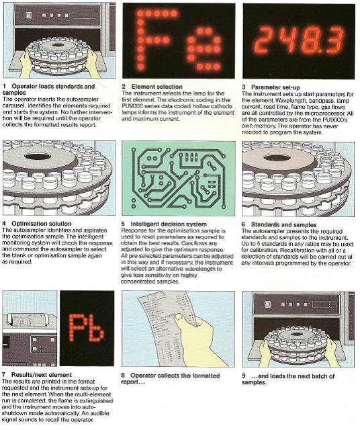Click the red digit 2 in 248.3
click(265, 40)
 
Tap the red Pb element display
click(87, 328)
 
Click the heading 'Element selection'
click(156, 87)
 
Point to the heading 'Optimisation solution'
click(42, 224)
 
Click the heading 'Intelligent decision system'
click(169, 224)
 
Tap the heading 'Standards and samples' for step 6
click(284, 225)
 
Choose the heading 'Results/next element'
click(42, 375)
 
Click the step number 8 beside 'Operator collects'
click(123, 376)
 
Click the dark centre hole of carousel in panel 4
click(38, 157)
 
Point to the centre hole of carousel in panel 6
click(277, 158)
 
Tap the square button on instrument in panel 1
click(28, 15)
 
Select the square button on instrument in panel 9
click(267, 304)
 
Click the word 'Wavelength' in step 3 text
click(289, 100)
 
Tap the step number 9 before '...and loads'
click(244, 376)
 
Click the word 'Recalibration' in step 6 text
click(294, 250)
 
